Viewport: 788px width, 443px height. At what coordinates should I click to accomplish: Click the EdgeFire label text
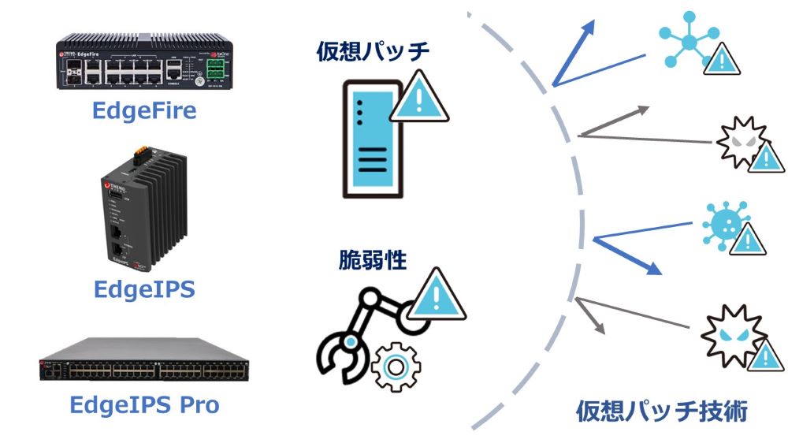click(144, 110)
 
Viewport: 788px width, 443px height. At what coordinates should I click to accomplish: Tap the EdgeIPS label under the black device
click(144, 289)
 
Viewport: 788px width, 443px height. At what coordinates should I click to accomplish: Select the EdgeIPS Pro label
click(144, 405)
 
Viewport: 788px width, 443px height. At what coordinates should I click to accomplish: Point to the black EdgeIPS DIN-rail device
click(143, 209)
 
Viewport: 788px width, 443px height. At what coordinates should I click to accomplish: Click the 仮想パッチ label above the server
click(374, 51)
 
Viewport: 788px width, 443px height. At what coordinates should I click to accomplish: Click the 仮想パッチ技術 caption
click(661, 411)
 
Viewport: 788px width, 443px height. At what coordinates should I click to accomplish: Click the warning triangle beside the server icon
click(419, 98)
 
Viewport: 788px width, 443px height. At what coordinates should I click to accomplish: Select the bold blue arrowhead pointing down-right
click(651, 268)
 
